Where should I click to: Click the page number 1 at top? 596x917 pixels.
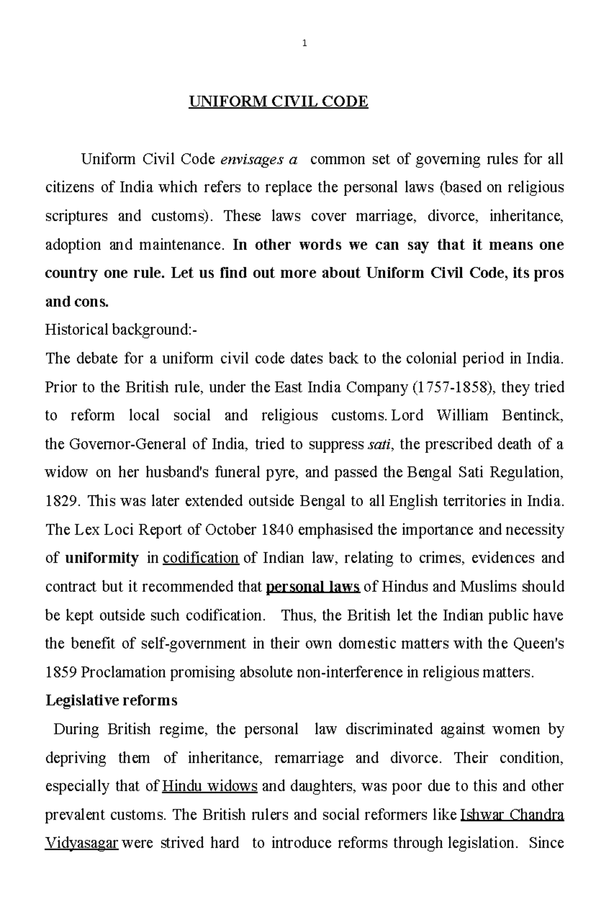click(304, 43)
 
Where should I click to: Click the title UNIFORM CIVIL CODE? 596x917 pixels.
click(278, 102)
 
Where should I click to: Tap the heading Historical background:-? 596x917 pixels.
click(121, 330)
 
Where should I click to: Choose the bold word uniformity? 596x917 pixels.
click(102, 558)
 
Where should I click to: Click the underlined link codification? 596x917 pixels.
click(201, 558)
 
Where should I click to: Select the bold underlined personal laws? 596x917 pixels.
click(313, 587)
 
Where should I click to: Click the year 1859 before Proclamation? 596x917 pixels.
click(61, 673)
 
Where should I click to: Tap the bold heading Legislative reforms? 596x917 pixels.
click(111, 700)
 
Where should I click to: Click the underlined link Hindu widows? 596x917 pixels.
click(210, 786)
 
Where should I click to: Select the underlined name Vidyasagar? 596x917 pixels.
click(81, 843)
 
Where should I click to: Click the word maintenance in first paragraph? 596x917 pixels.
click(181, 245)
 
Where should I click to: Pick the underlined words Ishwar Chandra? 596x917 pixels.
click(512, 815)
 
